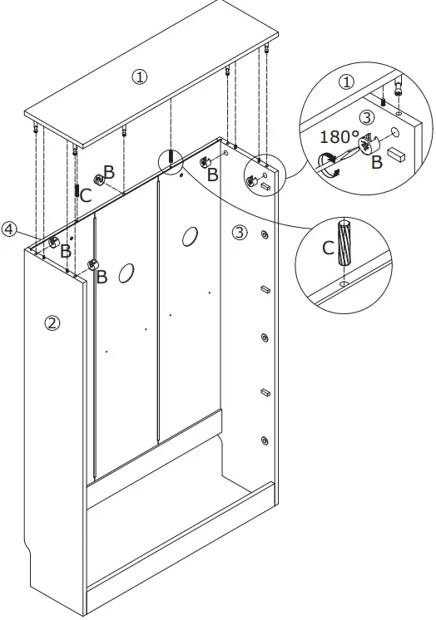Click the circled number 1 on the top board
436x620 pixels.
[x=140, y=76]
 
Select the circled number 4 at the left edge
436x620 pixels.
[x=9, y=229]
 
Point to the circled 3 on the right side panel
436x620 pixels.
[x=240, y=232]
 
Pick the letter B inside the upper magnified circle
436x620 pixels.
[x=376, y=163]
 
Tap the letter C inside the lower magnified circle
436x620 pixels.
[x=329, y=248]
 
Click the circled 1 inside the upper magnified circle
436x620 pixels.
[x=347, y=81]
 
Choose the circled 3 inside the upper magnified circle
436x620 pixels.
[x=367, y=116]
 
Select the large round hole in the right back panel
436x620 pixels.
[x=188, y=237]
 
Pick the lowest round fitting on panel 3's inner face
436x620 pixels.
[x=265, y=440]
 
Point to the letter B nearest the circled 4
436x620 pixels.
[x=65, y=250]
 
